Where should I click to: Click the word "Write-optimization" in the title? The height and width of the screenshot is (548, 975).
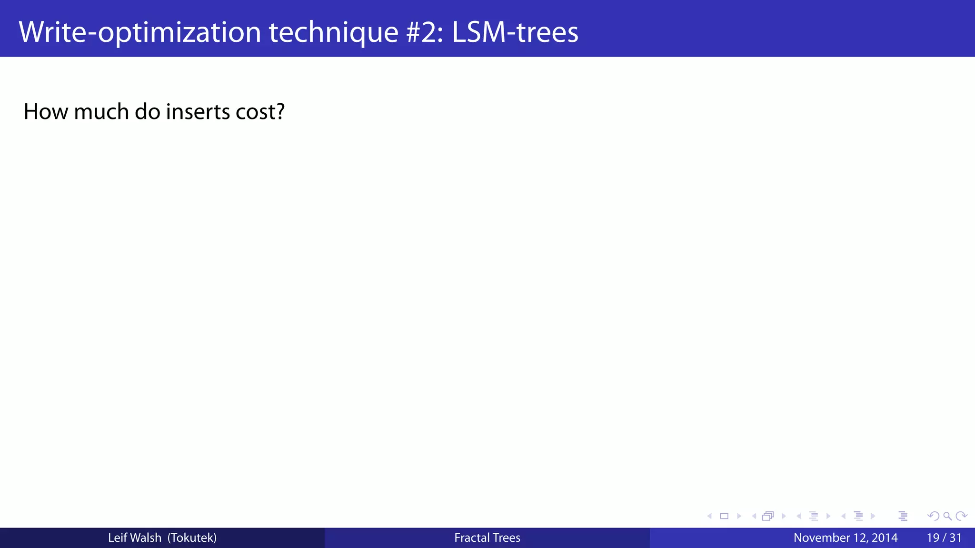pyautogui.click(x=139, y=32)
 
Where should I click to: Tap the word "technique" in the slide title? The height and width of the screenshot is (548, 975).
pyautogui.click(x=333, y=32)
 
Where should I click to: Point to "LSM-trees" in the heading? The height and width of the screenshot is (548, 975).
pyautogui.click(x=515, y=32)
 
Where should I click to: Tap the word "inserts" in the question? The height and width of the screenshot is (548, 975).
pyautogui.click(x=191, y=112)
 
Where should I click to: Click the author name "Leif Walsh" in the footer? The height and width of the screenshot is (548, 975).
pyautogui.click(x=134, y=538)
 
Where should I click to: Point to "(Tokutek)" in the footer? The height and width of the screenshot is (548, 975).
pyautogui.click(x=192, y=538)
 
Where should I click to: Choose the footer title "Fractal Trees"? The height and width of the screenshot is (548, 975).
pyautogui.click(x=487, y=538)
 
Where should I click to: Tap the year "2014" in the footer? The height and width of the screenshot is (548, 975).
pyautogui.click(x=885, y=538)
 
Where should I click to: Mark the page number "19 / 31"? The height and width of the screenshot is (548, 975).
pyautogui.click(x=944, y=538)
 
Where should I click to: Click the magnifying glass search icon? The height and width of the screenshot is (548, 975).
pyautogui.click(x=947, y=516)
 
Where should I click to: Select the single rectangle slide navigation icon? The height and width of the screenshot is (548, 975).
pyautogui.click(x=724, y=516)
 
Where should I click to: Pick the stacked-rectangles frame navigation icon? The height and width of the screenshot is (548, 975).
pyautogui.click(x=768, y=516)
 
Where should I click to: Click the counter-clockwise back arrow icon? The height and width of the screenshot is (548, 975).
pyautogui.click(x=934, y=516)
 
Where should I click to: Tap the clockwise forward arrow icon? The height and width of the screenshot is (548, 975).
pyautogui.click(x=961, y=516)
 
